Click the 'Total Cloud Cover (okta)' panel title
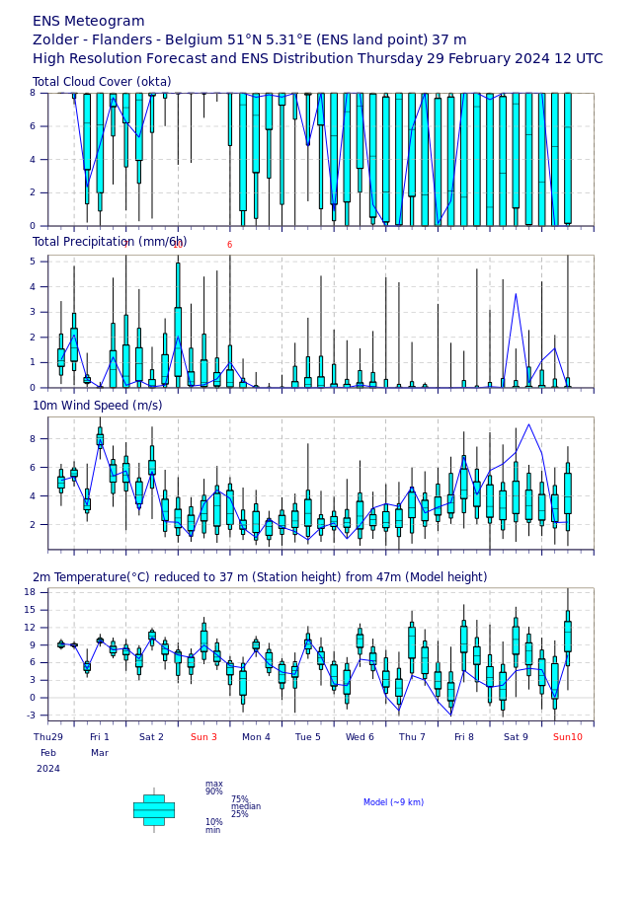(102, 82)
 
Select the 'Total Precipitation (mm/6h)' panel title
(110, 242)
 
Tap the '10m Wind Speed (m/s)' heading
(97, 406)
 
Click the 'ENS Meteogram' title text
(88, 21)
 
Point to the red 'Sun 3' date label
(203, 737)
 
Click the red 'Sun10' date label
(567, 737)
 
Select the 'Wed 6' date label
(360, 737)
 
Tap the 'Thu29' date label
(48, 737)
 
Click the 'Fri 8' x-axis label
(463, 737)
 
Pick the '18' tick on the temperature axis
(29, 592)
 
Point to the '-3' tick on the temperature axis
(29, 716)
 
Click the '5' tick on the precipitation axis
(33, 262)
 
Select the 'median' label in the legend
(246, 806)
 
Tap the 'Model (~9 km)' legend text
(393, 802)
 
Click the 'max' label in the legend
(213, 784)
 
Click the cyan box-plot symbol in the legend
(153, 809)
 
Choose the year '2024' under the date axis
(48, 769)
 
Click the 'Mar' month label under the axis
(100, 753)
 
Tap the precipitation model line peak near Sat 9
(516, 293)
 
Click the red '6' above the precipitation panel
(229, 245)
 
